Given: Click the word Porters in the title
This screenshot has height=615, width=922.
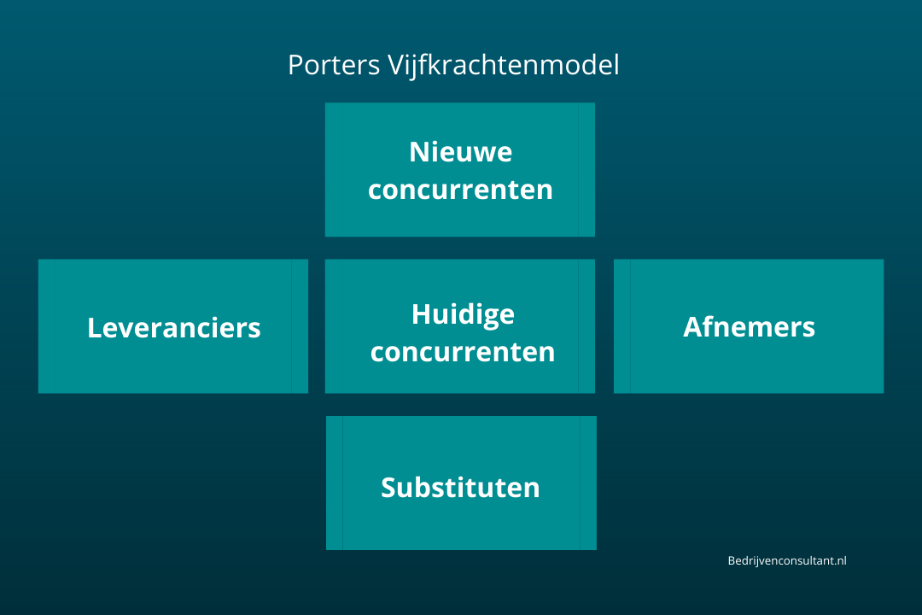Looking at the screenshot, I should pyautogui.click(x=334, y=66).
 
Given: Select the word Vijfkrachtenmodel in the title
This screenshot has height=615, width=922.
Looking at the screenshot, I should pyautogui.click(x=503, y=66).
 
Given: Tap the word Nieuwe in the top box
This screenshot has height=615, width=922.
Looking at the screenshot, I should pyautogui.click(x=460, y=152).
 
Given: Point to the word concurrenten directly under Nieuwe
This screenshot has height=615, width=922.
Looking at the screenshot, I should pyautogui.click(x=460, y=190).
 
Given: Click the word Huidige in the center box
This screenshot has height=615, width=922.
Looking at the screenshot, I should pyautogui.click(x=463, y=313).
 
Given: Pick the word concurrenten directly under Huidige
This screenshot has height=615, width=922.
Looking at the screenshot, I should pyautogui.click(x=463, y=351).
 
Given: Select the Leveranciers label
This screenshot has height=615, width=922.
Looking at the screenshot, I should pyautogui.click(x=174, y=327).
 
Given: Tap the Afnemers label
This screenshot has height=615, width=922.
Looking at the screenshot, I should pyautogui.click(x=749, y=326).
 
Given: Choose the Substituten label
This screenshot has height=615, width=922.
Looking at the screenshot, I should pyautogui.click(x=460, y=487).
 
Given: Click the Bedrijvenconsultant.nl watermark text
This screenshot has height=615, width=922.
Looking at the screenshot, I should pyautogui.click(x=786, y=560).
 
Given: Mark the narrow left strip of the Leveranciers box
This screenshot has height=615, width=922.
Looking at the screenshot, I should pyautogui.click(x=47, y=326).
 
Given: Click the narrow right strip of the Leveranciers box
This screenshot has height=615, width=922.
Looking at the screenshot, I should pyautogui.click(x=299, y=326).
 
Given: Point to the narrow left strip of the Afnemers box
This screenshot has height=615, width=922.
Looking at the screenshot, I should pyautogui.click(x=622, y=326).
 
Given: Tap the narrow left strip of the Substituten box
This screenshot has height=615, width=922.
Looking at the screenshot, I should pyautogui.click(x=335, y=483).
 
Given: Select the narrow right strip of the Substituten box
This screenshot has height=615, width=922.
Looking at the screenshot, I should pyautogui.click(x=587, y=483).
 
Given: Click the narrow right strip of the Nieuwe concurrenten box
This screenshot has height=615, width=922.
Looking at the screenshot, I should pyautogui.click(x=586, y=169).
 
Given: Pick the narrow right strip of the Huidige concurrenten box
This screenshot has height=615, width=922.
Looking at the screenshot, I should pyautogui.click(x=586, y=326).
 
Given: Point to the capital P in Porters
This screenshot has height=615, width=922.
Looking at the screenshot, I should pyautogui.click(x=295, y=66).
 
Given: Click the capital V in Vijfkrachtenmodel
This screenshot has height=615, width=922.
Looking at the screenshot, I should pyautogui.click(x=395, y=66).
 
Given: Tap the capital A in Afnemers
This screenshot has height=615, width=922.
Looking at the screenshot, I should pyautogui.click(x=692, y=326).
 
